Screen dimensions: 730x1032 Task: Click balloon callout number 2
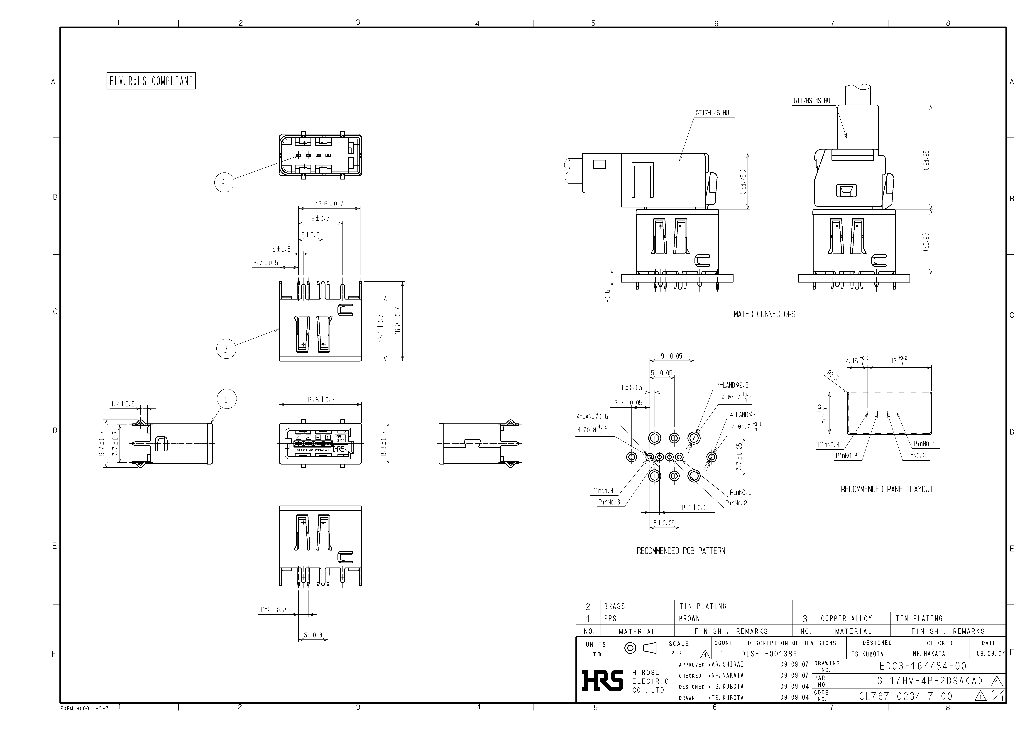pyautogui.click(x=224, y=183)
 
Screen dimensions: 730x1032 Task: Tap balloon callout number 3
pyautogui.click(x=226, y=349)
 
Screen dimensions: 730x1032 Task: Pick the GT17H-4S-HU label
pyautogui.click(x=712, y=113)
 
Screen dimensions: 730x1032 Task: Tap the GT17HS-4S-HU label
pyautogui.click(x=812, y=101)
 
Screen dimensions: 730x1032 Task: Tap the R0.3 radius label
pyautogui.click(x=832, y=375)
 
